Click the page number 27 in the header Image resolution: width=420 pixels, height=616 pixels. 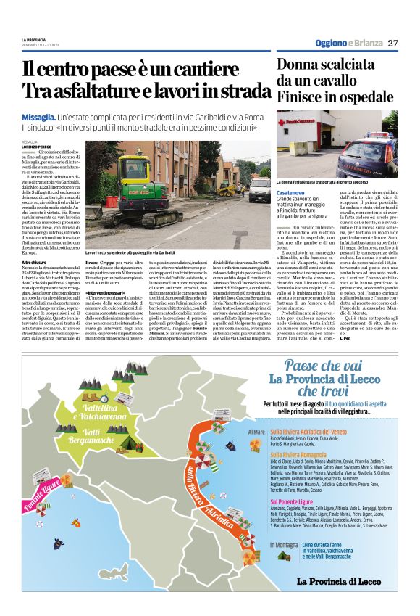pyautogui.click(x=393, y=43)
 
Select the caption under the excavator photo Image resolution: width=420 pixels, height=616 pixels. pyautogui.click(x=130, y=252)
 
